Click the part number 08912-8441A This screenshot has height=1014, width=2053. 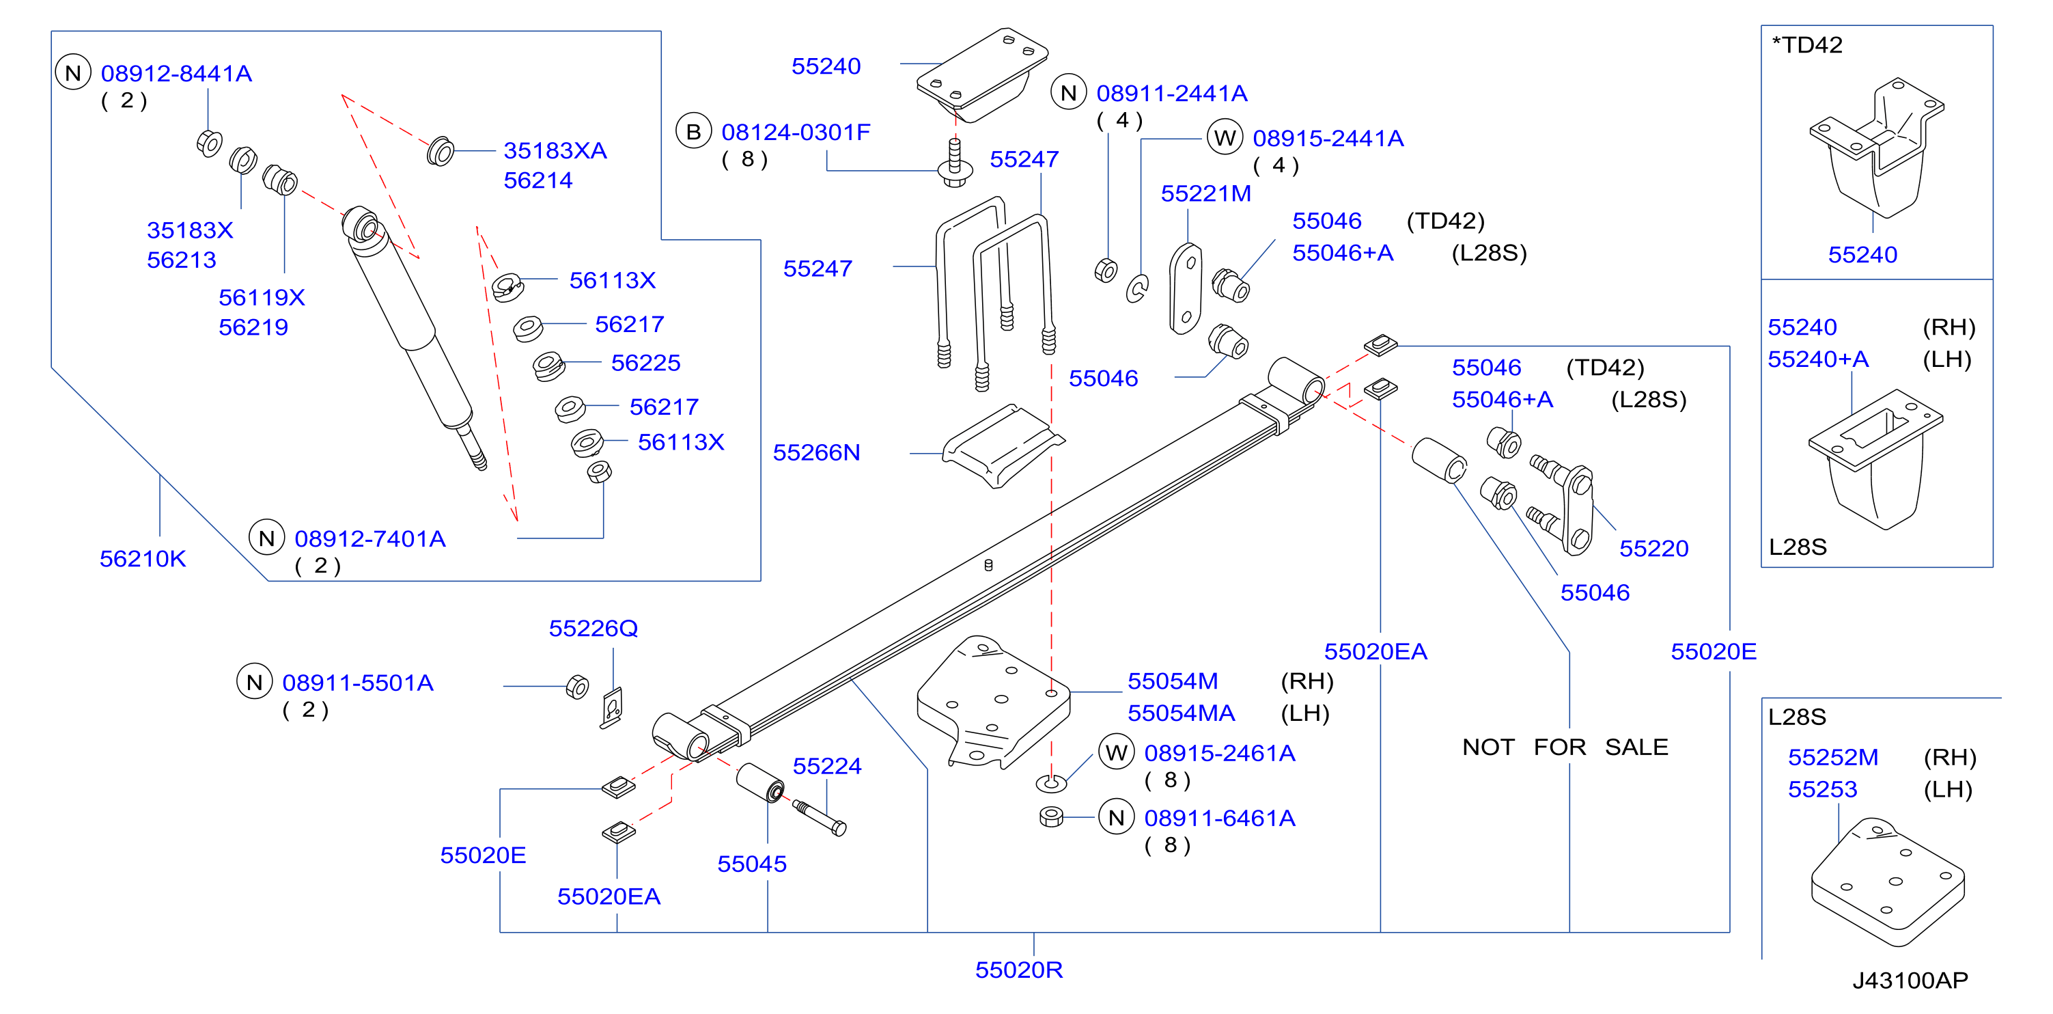click(x=176, y=73)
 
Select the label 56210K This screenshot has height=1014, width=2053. click(x=143, y=559)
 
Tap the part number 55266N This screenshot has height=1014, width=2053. click(x=817, y=453)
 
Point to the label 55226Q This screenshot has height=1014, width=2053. click(x=593, y=629)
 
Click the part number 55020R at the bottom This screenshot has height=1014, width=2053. click(x=1019, y=970)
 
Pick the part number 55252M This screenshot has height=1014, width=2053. click(x=1833, y=757)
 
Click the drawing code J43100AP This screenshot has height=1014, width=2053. click(x=1910, y=981)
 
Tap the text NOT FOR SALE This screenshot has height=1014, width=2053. click(x=1565, y=748)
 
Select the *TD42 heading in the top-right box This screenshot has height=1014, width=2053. click(x=1806, y=44)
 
